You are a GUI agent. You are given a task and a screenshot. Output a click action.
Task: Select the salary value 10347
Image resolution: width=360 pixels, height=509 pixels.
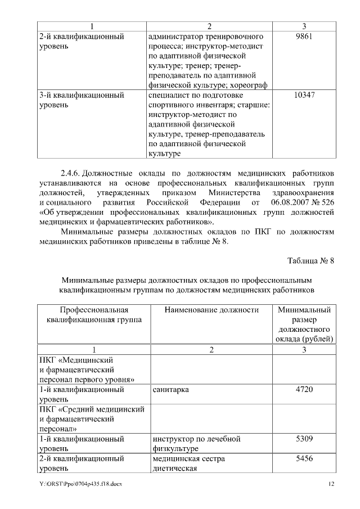click(304, 96)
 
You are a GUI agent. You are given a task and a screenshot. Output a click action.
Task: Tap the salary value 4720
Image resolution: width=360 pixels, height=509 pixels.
click(304, 389)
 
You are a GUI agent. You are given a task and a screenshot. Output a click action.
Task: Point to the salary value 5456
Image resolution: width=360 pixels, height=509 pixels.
click(304, 459)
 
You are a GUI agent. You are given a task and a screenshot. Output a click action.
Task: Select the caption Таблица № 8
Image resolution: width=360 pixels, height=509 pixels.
click(310, 261)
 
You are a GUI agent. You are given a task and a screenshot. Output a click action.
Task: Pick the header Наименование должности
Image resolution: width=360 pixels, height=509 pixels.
click(211, 310)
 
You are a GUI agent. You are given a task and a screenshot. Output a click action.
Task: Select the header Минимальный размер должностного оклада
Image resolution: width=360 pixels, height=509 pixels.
click(304, 324)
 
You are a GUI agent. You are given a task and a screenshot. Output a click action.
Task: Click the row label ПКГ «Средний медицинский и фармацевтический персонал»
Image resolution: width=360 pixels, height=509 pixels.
click(92, 418)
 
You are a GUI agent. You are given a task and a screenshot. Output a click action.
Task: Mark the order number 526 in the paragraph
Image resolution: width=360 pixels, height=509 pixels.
click(327, 201)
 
